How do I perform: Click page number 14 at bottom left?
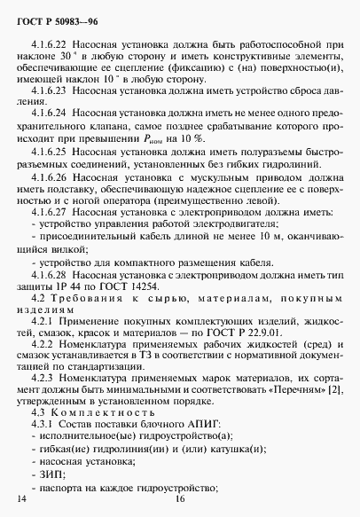[22, 503]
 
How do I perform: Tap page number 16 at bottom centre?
[180, 503]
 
